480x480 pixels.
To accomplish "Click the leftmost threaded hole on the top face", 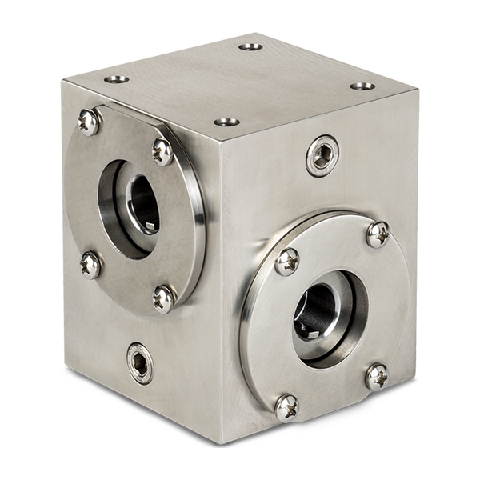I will click(117, 79).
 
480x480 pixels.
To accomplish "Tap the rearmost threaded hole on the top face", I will click(250, 46).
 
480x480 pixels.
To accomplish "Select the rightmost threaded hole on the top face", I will click(362, 86).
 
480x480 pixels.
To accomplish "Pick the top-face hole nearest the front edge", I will click(226, 122).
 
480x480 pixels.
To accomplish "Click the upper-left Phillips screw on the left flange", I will click(89, 122).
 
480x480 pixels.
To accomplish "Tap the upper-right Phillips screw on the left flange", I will click(162, 150).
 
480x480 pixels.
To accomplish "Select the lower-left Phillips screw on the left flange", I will click(90, 264).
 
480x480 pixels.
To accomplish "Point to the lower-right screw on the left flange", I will click(163, 298).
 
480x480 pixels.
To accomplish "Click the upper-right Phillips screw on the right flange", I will click(378, 234).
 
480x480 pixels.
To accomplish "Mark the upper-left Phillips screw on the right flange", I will click(287, 261).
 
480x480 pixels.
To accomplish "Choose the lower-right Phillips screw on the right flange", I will click(376, 375).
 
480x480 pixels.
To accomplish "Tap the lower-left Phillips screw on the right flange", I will click(286, 407).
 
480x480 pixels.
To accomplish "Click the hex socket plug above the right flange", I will click(322, 156).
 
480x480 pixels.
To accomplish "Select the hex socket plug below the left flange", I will click(140, 363).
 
